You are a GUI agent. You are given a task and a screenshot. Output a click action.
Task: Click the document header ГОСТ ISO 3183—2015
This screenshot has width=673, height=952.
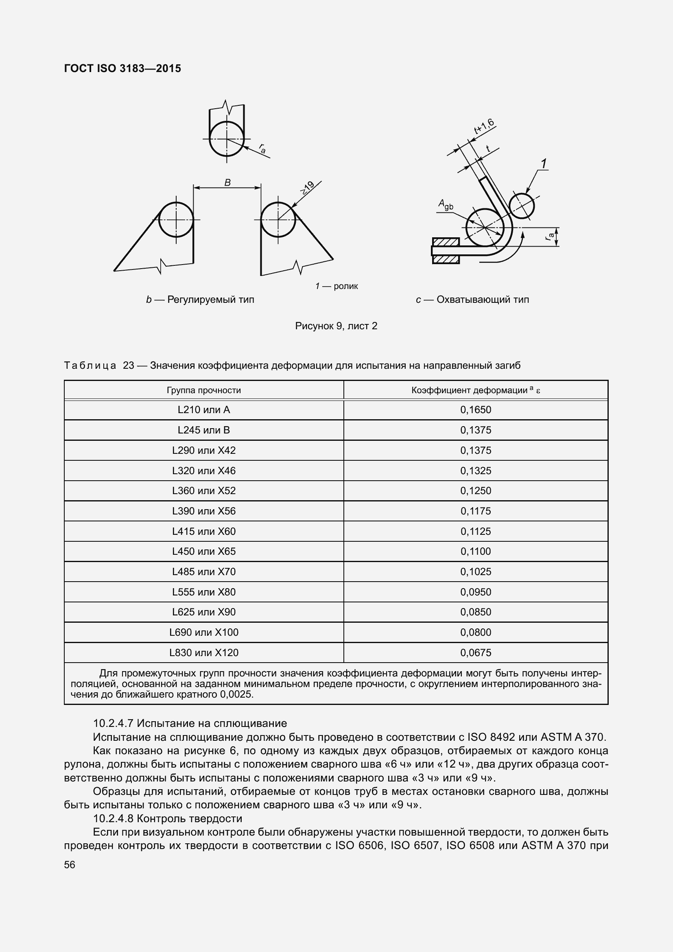[x=122, y=68]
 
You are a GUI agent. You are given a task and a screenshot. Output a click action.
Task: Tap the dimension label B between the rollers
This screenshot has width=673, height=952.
[x=227, y=182]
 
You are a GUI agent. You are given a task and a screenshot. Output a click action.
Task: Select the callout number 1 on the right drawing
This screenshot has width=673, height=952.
[x=544, y=164]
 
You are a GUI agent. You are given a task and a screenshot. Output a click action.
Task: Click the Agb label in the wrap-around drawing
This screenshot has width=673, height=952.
[x=446, y=204]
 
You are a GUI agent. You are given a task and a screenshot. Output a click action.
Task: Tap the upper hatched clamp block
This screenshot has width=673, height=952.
[x=446, y=242]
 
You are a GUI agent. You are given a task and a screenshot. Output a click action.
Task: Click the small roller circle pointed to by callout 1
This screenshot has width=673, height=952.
[x=521, y=206]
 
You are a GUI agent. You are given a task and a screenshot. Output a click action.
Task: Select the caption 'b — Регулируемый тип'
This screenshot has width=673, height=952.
[x=200, y=300]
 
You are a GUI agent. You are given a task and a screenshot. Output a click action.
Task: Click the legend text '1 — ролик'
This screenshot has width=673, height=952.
[x=336, y=286]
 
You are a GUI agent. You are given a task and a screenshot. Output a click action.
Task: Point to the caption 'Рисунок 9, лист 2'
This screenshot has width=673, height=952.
[x=336, y=326]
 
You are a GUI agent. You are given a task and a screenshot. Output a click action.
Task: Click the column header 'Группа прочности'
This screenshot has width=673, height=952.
[x=203, y=390]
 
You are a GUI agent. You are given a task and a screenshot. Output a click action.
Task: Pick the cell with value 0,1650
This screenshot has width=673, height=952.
[x=475, y=410]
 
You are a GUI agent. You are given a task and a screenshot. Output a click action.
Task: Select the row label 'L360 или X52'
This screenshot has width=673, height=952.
[x=203, y=490]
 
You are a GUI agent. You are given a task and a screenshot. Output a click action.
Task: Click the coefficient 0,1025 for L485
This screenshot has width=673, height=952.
[x=475, y=571]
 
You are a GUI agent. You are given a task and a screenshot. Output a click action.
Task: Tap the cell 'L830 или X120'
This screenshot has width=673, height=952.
[x=203, y=652]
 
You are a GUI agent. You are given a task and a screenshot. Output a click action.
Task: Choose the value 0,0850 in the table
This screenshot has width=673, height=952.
[x=475, y=612]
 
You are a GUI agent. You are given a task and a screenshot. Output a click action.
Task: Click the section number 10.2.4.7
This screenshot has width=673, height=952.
[x=113, y=723]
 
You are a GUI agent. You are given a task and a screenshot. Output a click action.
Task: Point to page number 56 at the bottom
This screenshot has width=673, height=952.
[x=70, y=864]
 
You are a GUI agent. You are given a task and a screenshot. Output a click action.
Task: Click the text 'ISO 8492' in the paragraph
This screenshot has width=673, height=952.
[x=491, y=737]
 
